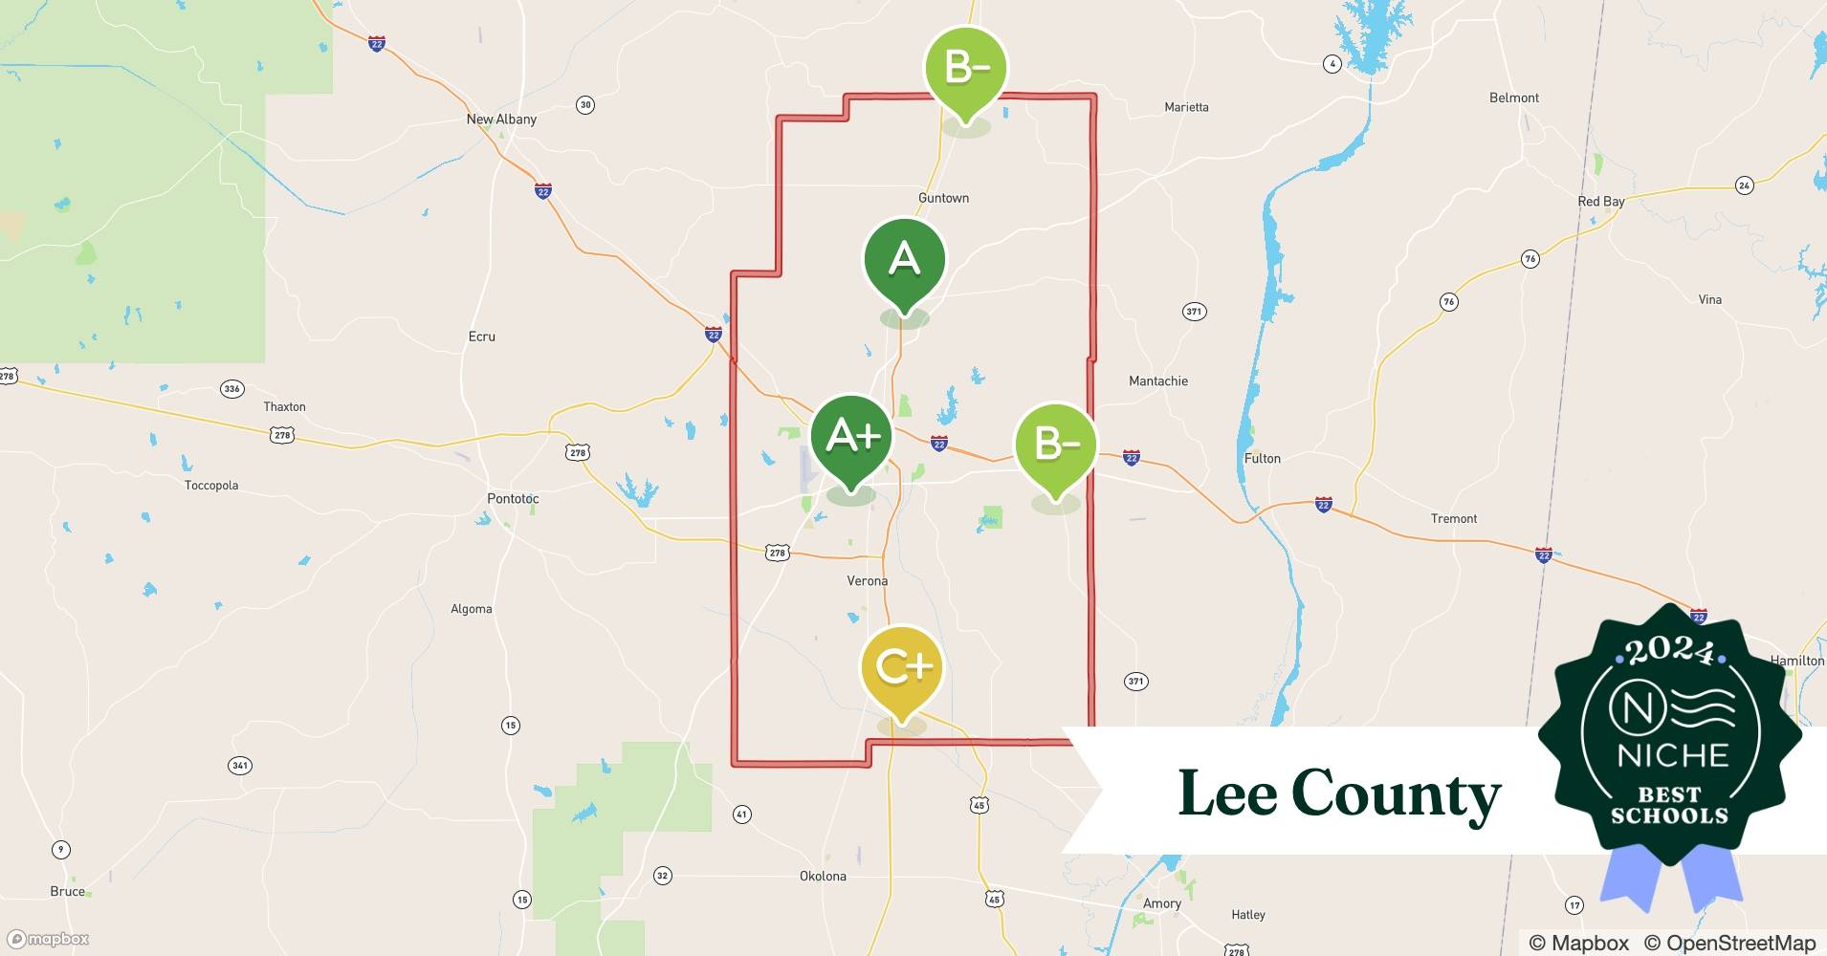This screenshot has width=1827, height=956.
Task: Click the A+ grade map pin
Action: click(x=851, y=437)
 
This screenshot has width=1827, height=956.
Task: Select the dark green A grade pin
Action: click(x=904, y=260)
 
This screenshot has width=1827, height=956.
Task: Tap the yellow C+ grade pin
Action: click(x=902, y=667)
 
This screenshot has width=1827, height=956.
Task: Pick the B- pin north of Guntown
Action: click(x=965, y=69)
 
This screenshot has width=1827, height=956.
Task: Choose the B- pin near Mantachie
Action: click(x=1055, y=445)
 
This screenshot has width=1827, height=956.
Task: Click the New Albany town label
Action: click(x=501, y=119)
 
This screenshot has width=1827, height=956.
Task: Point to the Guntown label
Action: click(x=943, y=198)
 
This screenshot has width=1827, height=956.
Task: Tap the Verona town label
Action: click(x=868, y=580)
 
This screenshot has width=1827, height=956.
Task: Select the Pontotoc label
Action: click(x=513, y=498)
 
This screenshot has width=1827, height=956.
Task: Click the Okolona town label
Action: click(x=823, y=876)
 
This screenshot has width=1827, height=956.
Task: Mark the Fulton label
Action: click(x=1262, y=458)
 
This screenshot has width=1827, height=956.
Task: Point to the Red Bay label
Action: click(x=1600, y=202)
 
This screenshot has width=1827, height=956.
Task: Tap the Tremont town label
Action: click(x=1453, y=518)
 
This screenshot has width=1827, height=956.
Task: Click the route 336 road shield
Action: click(x=231, y=388)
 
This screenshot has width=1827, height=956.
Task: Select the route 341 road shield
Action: click(x=240, y=765)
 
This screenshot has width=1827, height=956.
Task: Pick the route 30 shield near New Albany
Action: click(x=585, y=105)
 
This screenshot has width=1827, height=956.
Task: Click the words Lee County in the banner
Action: click(x=1339, y=793)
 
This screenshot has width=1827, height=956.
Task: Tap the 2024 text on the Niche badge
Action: click(x=1670, y=652)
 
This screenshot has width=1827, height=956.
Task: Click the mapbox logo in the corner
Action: click(x=49, y=939)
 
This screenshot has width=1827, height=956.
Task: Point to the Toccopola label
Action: click(x=211, y=485)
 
